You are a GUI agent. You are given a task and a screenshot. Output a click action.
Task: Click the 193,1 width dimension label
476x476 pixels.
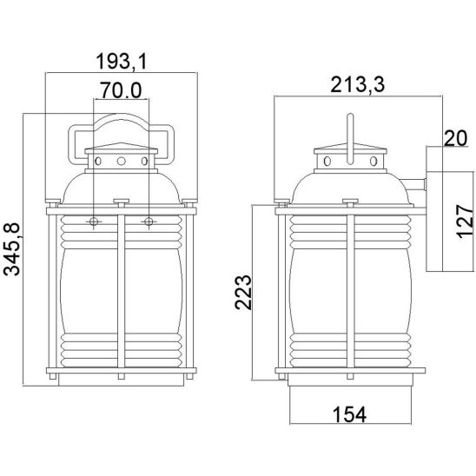122,62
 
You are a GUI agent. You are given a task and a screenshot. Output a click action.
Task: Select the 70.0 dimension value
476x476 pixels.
122,90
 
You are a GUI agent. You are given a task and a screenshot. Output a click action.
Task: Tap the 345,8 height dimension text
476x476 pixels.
12,249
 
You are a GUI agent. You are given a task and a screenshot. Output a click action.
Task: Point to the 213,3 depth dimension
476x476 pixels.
358,85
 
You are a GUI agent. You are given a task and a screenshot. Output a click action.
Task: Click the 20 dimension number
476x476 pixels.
456,138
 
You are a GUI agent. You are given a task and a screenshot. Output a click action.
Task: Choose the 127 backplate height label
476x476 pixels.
465,221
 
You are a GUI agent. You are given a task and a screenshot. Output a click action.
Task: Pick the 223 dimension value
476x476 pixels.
243,293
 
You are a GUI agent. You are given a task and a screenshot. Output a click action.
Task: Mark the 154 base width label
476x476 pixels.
350,414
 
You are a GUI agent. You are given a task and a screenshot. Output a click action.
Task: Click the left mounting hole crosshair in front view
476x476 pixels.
94,221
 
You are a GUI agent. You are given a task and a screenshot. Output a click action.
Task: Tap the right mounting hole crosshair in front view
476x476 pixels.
149,221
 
